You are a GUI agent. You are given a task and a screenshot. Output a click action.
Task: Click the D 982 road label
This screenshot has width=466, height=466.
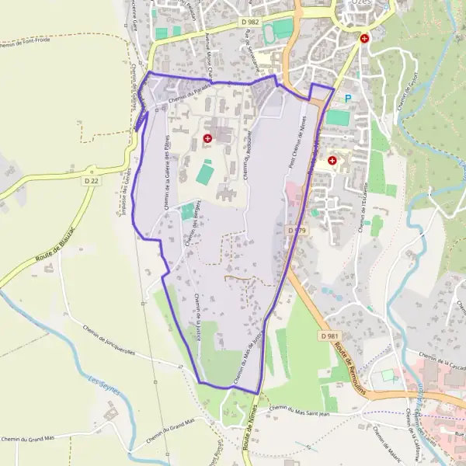point(250,23)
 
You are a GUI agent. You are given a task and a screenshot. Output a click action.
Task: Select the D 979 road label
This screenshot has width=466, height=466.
point(296,231)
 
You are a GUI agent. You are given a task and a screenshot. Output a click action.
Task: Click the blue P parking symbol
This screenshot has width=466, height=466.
point(348,98)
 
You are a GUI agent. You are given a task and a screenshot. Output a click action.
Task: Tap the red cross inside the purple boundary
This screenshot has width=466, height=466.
point(207,138)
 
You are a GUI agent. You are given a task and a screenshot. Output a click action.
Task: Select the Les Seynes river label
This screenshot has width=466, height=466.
point(105,384)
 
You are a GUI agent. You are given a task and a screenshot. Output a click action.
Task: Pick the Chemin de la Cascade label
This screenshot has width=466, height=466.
point(440,364)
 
